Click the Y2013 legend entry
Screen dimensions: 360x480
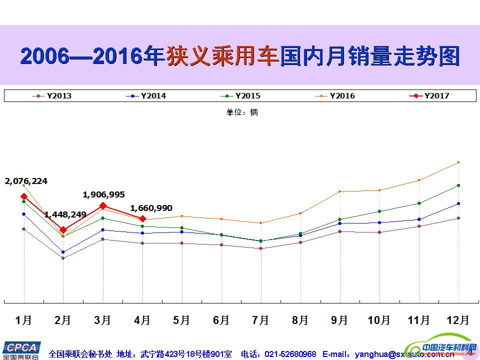pyautogui.click(x=52, y=96)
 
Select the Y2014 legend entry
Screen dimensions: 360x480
pyautogui.click(x=147, y=96)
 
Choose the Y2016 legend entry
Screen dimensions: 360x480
pyautogui.click(x=336, y=96)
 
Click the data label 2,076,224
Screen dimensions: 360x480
pyautogui.click(x=26, y=181)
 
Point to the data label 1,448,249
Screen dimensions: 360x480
pyautogui.click(x=65, y=214)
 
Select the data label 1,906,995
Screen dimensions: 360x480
pyautogui.click(x=104, y=194)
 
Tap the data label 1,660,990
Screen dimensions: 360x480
pyautogui.click(x=151, y=208)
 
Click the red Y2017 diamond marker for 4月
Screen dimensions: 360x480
pyautogui.click(x=142, y=219)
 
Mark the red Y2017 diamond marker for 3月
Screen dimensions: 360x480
pyautogui.click(x=103, y=205)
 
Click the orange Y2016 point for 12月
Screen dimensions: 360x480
pyautogui.click(x=458, y=162)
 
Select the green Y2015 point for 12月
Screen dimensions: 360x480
pyautogui.click(x=458, y=185)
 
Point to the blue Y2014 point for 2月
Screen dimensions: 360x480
pyautogui.click(x=63, y=252)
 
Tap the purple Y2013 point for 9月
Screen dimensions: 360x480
pyautogui.click(x=340, y=231)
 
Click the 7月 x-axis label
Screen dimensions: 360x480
pyautogui.click(x=260, y=320)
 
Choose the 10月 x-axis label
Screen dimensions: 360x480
pyautogui.click(x=379, y=320)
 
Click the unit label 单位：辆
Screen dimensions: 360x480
pyautogui.click(x=242, y=112)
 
